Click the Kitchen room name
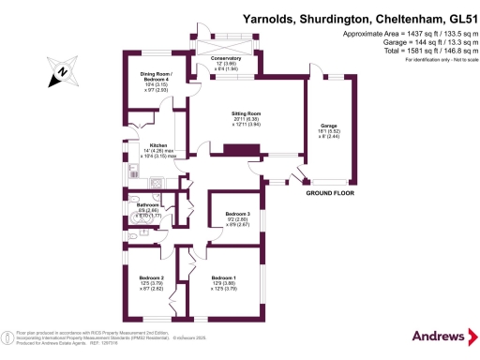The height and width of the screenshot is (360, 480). [158, 144]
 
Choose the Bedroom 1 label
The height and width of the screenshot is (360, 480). [223, 278]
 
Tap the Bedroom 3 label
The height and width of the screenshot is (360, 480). [236, 214]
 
